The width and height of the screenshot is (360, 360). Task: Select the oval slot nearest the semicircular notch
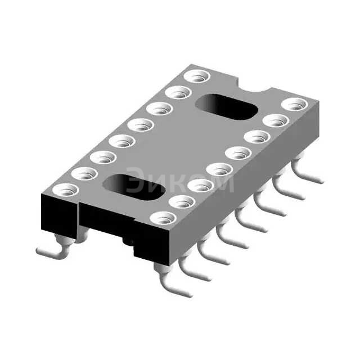226,107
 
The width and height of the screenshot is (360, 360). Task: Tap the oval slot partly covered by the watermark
134,186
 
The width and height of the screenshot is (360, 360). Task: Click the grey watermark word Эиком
180,181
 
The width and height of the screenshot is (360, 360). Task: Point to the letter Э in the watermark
136,181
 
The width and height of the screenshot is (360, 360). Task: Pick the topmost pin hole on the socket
197,76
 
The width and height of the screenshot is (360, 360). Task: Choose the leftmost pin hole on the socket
66,190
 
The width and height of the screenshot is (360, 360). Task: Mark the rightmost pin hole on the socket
295,104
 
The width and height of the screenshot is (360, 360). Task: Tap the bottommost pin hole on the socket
163,218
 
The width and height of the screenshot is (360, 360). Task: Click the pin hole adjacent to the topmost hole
178,92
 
